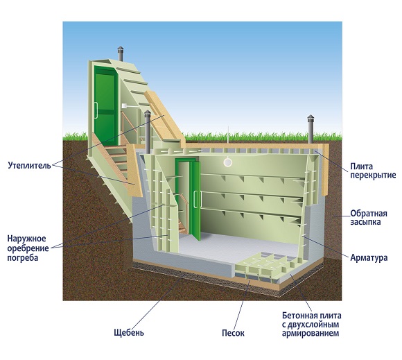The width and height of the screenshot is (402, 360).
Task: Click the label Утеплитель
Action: coord(29,165)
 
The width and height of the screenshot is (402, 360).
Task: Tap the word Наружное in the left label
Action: coord(26,239)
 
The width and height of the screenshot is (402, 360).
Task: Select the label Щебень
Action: coord(129,332)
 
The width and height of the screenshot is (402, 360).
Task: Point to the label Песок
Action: coord(233,333)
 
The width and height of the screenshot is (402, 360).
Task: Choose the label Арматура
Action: coord(369,257)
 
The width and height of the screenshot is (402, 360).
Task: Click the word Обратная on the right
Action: coord(369,214)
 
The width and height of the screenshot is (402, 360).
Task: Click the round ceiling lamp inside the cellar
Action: coord(227,162)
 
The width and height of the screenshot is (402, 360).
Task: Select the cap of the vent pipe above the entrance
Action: coord(120,49)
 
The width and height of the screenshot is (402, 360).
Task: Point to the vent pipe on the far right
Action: coord(311,129)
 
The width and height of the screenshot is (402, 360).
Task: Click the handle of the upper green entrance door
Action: coord(96,110)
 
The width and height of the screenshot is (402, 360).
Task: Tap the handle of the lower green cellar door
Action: coord(195,199)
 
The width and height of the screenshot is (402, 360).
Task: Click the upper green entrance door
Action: coord(105,105)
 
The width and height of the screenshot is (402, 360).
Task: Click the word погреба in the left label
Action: coord(23,258)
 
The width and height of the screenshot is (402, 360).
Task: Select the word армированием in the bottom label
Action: coord(311,333)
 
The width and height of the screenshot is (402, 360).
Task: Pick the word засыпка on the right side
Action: coord(365,222)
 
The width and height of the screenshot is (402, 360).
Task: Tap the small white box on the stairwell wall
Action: coord(124,105)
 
